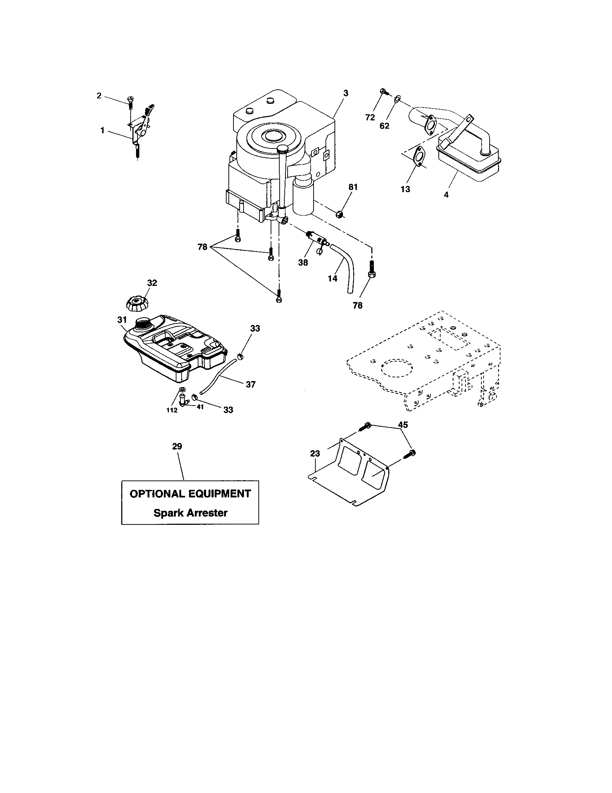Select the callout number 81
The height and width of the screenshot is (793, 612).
[353, 187]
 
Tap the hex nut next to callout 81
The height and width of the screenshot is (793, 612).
[340, 214]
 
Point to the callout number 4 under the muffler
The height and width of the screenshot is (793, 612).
[446, 195]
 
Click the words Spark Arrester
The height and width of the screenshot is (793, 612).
[191, 513]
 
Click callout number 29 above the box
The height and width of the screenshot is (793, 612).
[177, 446]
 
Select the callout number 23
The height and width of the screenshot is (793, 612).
[315, 453]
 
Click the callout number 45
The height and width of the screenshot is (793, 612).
[403, 425]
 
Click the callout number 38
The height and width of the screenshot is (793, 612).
[303, 262]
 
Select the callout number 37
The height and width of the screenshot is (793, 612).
[250, 384]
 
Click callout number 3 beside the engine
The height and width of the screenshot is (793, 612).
[345, 93]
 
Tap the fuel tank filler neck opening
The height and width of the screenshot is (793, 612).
[143, 323]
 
